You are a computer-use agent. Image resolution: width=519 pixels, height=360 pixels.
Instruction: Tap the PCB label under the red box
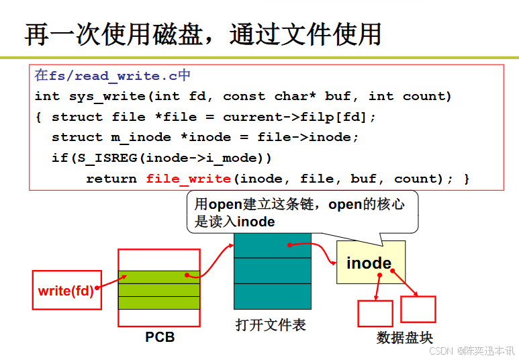point(160,336)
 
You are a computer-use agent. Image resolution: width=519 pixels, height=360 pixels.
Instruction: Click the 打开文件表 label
point(271,325)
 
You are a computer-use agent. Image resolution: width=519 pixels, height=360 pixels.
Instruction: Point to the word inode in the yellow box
point(369,263)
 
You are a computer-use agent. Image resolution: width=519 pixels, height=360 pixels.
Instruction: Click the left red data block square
point(375,313)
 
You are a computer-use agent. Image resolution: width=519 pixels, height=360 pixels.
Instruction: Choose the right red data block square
point(418,309)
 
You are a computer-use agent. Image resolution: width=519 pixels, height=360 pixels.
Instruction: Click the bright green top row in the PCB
point(159,277)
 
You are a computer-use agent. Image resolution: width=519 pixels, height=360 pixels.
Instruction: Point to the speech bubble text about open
point(299,212)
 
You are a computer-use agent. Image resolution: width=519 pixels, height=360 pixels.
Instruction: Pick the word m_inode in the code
point(140,137)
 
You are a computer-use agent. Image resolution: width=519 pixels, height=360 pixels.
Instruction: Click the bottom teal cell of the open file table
point(273,296)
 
